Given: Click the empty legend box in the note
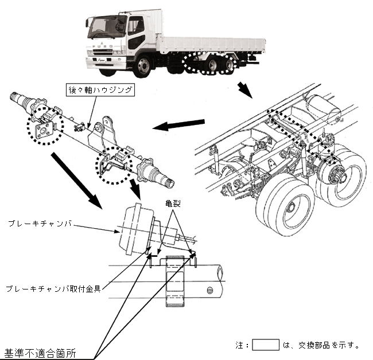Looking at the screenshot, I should click(266, 345).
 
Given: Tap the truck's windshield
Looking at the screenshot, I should click(107, 27).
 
